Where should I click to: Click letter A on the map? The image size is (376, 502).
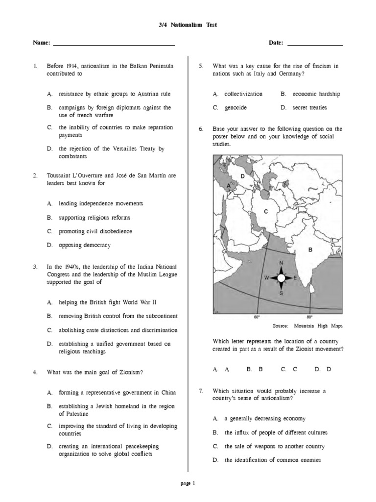click(228, 186)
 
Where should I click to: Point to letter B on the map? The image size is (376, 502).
click(309, 250)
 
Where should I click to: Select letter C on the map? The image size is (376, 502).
click(266, 212)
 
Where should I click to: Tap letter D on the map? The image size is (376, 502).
click(242, 176)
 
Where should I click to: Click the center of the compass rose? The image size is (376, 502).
click(281, 278)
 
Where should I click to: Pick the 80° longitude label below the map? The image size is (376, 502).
click(309, 317)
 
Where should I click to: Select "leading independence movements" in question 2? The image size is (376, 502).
click(101, 203)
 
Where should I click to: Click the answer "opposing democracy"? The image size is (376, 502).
click(84, 245)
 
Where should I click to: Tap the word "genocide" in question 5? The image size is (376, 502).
click(235, 107)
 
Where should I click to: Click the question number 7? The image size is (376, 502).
click(201, 391)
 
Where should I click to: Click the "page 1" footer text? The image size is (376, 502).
click(188, 483)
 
